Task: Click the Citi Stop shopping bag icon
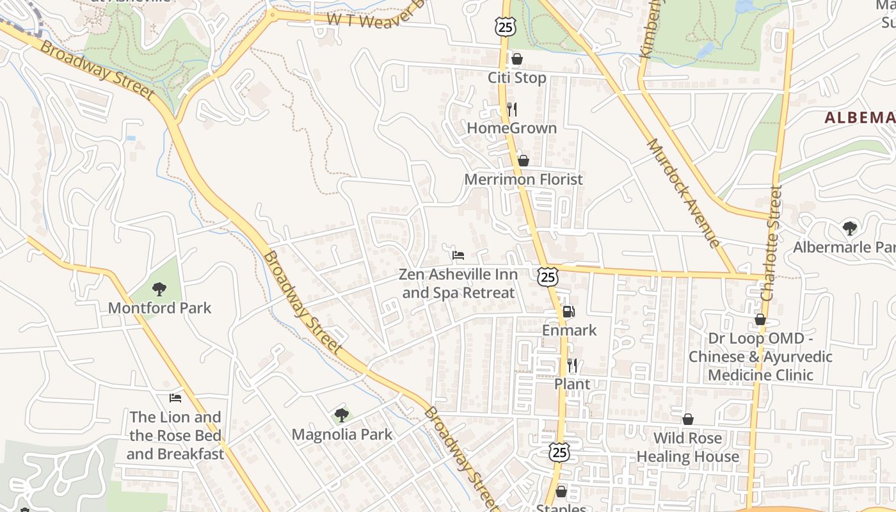(x=517, y=60)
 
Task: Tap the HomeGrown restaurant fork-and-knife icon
(x=511, y=109)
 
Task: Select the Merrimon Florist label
(x=524, y=179)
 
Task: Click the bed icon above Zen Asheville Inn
(x=458, y=255)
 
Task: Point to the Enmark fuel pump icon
(x=568, y=312)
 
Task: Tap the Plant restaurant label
(x=572, y=384)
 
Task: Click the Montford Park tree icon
(x=159, y=289)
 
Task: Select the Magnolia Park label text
(x=342, y=435)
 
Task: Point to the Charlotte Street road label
(x=771, y=243)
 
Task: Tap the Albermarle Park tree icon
(x=850, y=228)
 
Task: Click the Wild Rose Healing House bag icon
(x=688, y=420)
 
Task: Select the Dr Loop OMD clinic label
(x=760, y=356)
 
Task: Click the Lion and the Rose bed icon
(x=175, y=398)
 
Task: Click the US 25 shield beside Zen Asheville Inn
(x=548, y=276)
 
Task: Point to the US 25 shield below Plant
(x=559, y=452)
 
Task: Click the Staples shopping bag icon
(x=561, y=492)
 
